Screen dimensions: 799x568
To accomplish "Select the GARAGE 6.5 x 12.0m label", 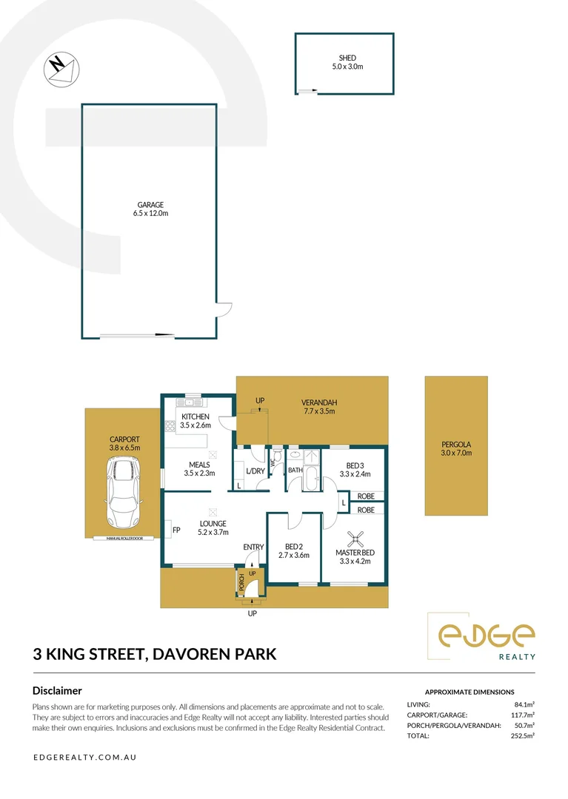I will [149, 209].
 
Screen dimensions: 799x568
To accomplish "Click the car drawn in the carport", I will [124, 492].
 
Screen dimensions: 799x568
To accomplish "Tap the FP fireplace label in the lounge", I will [176, 530].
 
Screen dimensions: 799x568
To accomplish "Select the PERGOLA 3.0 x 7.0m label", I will [456, 448].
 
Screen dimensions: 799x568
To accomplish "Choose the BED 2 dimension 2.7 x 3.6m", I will [293, 555].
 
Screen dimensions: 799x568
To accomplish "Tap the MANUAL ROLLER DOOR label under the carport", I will [124, 539].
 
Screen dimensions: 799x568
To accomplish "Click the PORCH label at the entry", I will [241, 583].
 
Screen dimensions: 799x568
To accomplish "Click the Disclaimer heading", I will [57, 690].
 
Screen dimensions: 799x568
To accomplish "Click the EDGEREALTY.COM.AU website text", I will [84, 758].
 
